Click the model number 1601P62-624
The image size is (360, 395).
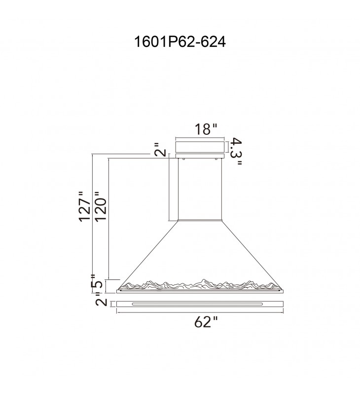[x=180, y=41]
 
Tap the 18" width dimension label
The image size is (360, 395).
[x=206, y=129]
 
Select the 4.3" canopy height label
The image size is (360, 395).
[x=236, y=151]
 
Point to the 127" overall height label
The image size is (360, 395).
[x=84, y=206]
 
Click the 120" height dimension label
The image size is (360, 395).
[x=101, y=206]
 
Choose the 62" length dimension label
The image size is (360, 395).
[x=206, y=322]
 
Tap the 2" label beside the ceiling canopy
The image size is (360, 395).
[x=161, y=150]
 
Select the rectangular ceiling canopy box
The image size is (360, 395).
[x=200, y=147]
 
